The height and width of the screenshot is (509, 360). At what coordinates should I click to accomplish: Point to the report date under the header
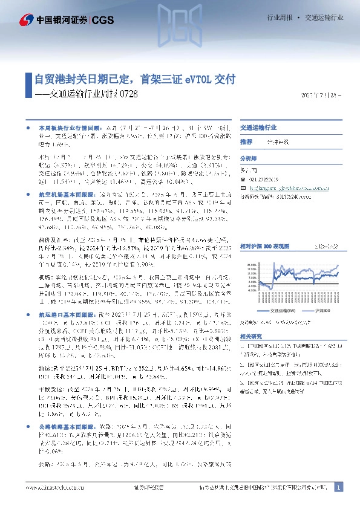tap(321, 95)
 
